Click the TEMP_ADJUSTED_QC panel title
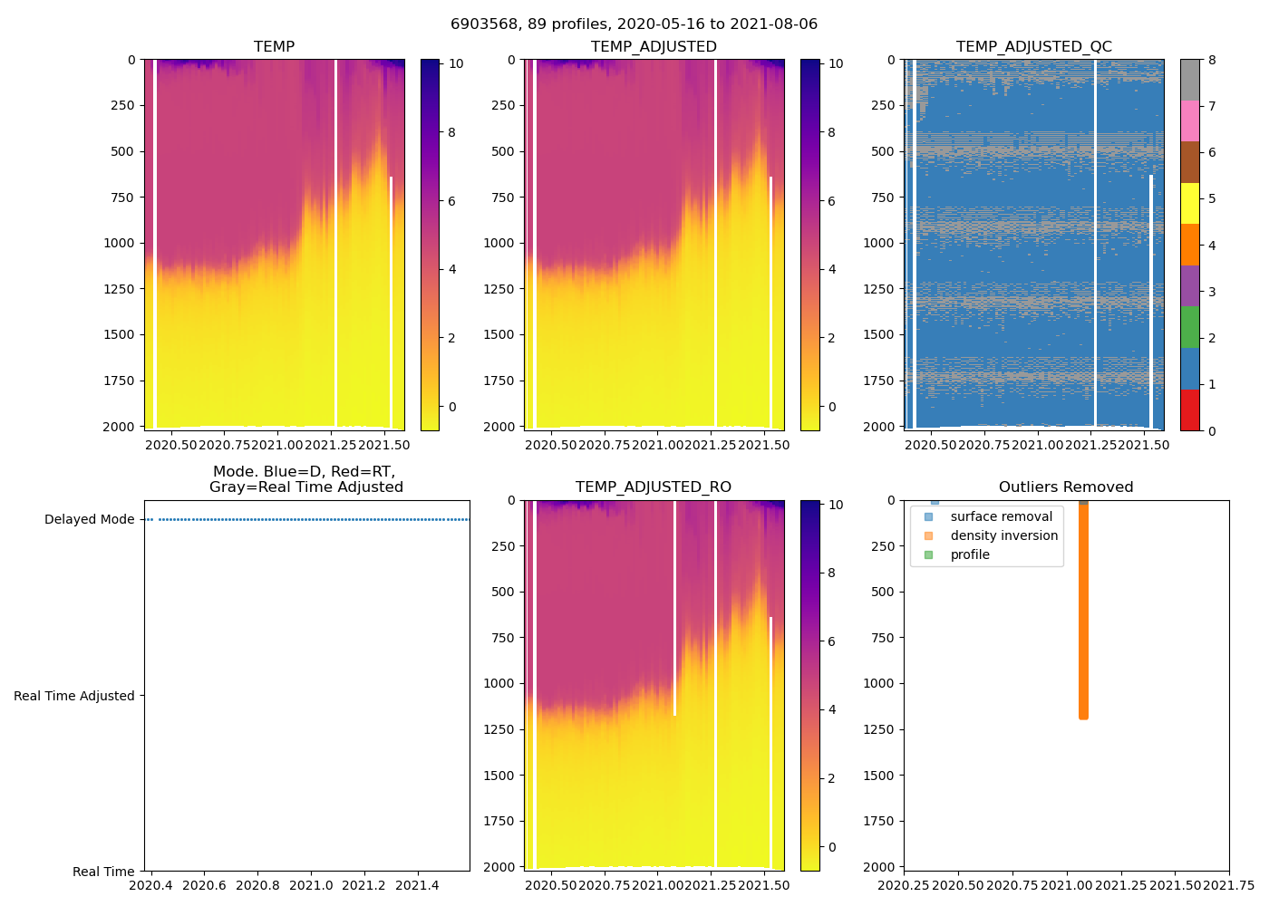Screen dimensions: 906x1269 (x=1033, y=47)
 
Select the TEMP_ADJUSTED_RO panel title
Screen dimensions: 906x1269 (x=653, y=487)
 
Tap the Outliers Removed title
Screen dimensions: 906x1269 (x=1066, y=487)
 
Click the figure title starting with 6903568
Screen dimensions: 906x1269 (x=634, y=24)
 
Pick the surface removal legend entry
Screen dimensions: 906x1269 (x=1001, y=516)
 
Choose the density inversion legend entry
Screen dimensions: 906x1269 (x=1003, y=535)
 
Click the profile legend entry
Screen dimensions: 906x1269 (x=970, y=554)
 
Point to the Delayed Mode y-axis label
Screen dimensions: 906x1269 (x=89, y=519)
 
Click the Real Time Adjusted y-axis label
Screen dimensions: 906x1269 (x=74, y=696)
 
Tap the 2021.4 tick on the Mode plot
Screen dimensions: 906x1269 (x=418, y=885)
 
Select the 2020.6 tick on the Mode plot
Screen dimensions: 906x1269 (x=204, y=885)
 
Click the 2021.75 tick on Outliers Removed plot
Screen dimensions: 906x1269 (x=1229, y=885)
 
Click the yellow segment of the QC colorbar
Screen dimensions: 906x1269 (x=1189, y=204)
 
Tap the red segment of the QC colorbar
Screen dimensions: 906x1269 (x=1189, y=410)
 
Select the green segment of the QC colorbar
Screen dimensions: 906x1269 (x=1189, y=327)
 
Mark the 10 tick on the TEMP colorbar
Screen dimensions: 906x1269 (x=456, y=63)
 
